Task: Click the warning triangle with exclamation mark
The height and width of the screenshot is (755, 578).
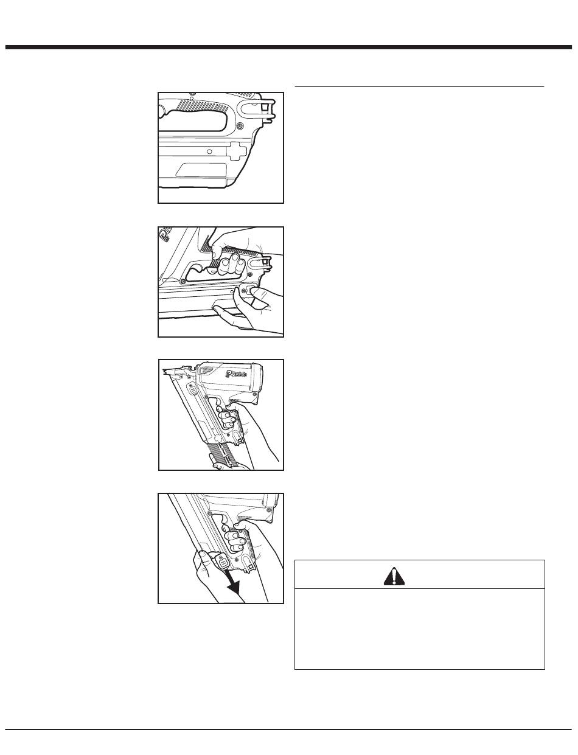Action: [x=394, y=575]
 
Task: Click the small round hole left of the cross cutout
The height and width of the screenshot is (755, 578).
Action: [x=209, y=150]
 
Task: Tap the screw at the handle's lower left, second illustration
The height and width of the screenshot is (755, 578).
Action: [x=183, y=281]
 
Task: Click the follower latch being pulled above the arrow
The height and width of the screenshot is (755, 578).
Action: [x=221, y=560]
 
